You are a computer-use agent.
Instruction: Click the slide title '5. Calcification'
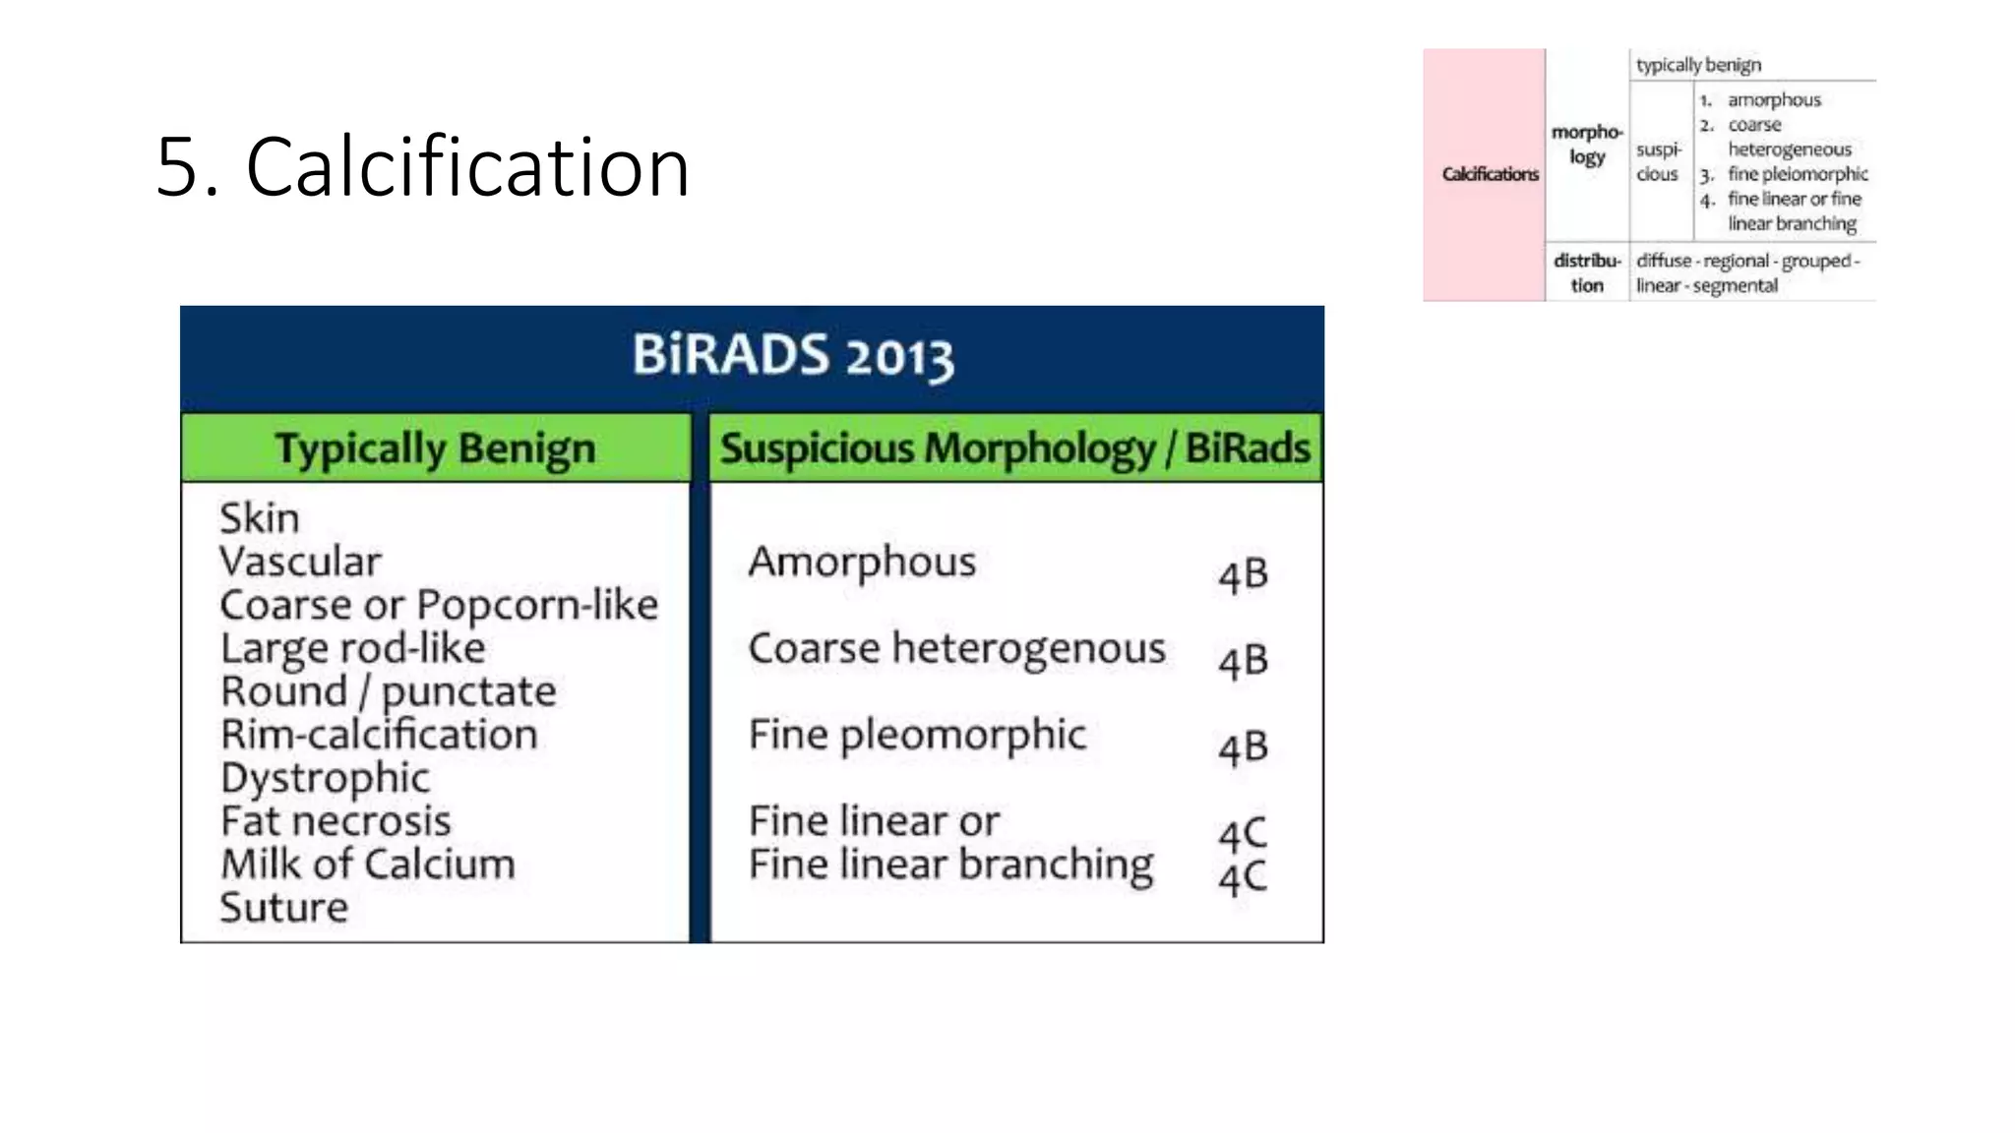click(423, 167)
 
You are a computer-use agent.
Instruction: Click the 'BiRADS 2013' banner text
click(792, 356)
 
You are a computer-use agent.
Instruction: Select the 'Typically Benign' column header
click(435, 448)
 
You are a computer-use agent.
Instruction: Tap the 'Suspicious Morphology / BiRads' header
click(1014, 448)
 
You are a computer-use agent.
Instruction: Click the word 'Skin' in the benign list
click(259, 518)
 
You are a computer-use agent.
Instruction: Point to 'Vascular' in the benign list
click(300, 562)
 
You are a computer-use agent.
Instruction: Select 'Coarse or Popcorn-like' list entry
click(439, 605)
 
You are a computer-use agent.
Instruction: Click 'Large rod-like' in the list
click(352, 648)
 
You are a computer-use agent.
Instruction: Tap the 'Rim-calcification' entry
click(379, 735)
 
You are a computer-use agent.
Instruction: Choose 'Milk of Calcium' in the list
click(367, 865)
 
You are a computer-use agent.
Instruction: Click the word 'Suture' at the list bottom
click(283, 908)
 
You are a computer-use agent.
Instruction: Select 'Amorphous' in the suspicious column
click(862, 563)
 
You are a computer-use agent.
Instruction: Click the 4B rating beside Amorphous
click(1243, 575)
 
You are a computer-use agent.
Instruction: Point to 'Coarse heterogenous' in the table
click(956, 649)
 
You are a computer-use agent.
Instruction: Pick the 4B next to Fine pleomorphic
click(1243, 748)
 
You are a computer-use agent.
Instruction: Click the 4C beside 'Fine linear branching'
click(1243, 878)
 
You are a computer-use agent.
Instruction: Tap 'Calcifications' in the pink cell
click(1490, 174)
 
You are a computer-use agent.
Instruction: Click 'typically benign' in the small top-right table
click(1698, 65)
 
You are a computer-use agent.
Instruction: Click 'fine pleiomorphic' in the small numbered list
click(1798, 174)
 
